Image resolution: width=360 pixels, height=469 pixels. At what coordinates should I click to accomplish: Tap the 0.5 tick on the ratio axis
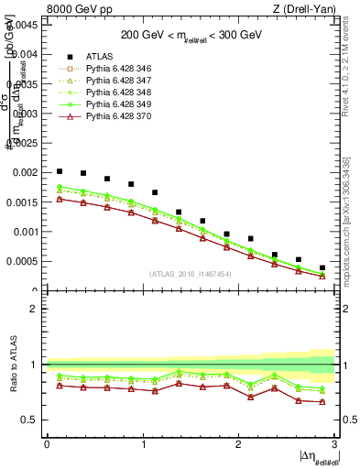point(30,420)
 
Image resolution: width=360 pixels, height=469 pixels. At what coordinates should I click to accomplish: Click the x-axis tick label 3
point(335,444)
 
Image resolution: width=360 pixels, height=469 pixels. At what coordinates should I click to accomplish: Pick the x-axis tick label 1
point(144,444)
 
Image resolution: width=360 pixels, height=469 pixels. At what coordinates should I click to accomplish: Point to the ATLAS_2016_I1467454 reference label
point(191,274)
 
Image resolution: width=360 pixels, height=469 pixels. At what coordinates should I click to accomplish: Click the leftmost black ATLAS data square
point(60,171)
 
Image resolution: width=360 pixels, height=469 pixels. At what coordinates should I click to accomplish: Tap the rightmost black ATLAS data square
point(322,267)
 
